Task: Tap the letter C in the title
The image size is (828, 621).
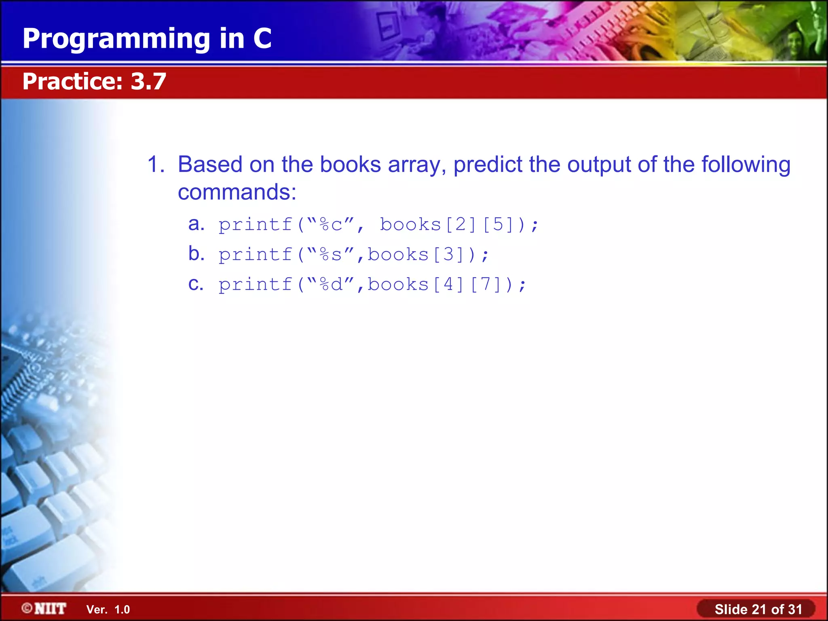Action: pos(262,38)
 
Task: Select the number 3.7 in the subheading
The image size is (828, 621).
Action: pos(148,81)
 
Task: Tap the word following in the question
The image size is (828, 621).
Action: pos(746,165)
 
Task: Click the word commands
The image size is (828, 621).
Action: pos(237,192)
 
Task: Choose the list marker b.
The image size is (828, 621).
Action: pos(196,253)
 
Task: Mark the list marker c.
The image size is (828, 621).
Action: pos(196,284)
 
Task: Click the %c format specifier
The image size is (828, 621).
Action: pos(331,225)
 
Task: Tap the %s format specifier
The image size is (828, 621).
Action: pos(331,255)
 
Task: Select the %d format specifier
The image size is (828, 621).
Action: pos(331,285)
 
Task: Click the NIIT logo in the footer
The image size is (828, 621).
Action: pos(44,608)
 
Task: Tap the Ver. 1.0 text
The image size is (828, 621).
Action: pos(108,610)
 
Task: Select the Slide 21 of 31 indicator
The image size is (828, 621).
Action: pos(758,609)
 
